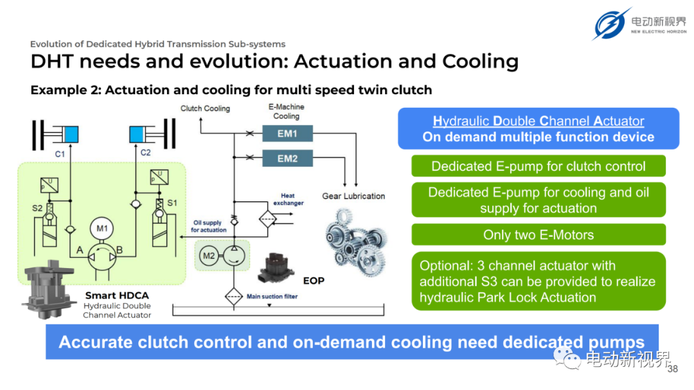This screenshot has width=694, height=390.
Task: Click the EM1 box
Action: [x=287, y=133]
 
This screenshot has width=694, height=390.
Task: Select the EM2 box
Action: [x=287, y=158]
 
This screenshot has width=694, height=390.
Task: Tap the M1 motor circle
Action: [x=102, y=228]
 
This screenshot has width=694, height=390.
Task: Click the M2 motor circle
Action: [x=209, y=256]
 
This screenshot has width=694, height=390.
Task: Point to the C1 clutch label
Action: [x=60, y=154]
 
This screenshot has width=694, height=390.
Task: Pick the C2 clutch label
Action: [x=146, y=153]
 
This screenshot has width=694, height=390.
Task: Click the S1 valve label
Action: [x=172, y=203]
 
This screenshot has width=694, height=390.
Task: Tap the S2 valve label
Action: [x=37, y=208]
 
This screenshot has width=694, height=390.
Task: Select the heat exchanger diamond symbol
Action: [x=268, y=219]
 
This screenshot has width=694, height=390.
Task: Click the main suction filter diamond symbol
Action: [x=234, y=296]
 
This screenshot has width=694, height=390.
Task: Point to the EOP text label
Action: [x=314, y=280]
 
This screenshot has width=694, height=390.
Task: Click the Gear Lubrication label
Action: [x=353, y=196]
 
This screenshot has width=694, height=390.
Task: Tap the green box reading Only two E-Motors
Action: [x=538, y=235]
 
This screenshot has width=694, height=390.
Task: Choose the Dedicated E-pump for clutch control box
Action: [x=538, y=166]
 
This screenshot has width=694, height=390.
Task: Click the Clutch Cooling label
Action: [x=206, y=108]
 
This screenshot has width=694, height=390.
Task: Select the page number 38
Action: [x=673, y=369]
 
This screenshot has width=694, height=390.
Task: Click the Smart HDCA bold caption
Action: [x=117, y=296]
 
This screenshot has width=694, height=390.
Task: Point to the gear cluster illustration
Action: [x=356, y=242]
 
